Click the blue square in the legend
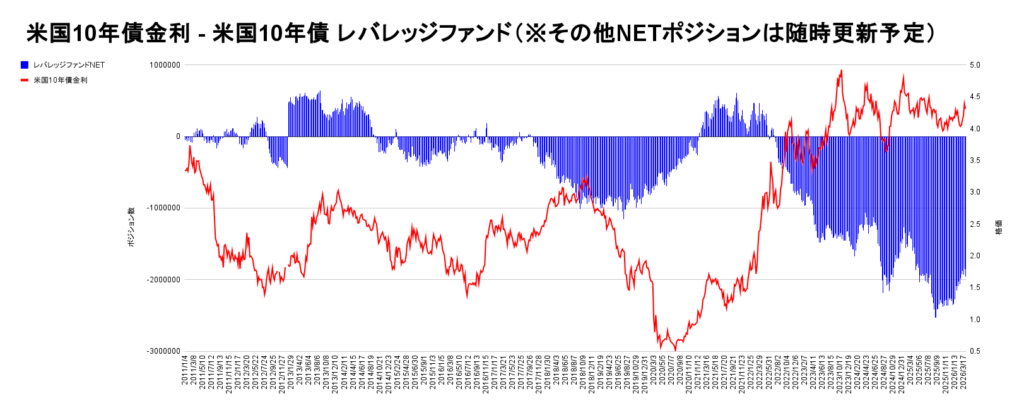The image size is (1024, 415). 24,64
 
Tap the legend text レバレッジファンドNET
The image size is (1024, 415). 69,64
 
